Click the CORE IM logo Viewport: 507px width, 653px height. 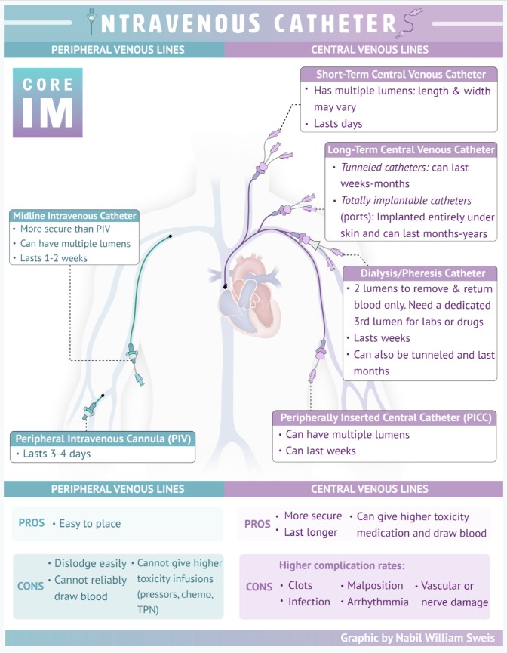coord(48,103)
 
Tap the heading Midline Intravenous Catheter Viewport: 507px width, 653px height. coord(74,215)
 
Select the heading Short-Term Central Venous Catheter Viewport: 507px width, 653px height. coord(399,74)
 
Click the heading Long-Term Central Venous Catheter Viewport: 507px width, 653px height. coord(410,149)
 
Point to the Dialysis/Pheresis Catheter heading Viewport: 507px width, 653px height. coord(420,273)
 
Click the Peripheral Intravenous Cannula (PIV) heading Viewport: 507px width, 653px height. coord(103,438)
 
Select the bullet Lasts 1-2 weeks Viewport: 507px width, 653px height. coord(52,258)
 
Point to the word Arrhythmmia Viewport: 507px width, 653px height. coord(378,602)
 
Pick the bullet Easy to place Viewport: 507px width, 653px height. coord(90,523)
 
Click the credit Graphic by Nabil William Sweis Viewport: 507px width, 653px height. coord(418,638)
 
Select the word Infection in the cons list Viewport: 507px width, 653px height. coord(309,602)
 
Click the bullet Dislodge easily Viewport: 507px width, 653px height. coord(91,563)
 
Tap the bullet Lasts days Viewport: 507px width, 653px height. coord(338,124)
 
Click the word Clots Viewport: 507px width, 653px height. coord(300,585)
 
